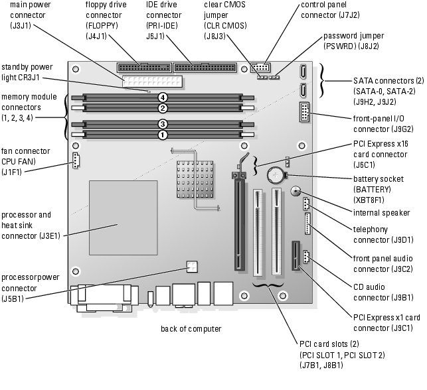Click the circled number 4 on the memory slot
(x=162, y=97)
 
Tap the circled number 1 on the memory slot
(x=162, y=134)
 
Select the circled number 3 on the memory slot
(x=162, y=123)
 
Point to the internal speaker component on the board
(x=296, y=192)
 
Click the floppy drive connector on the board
(x=142, y=66)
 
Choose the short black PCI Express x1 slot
(x=294, y=257)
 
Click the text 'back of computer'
(x=191, y=328)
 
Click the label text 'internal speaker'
(x=381, y=213)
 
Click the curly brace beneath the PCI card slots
(x=268, y=287)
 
